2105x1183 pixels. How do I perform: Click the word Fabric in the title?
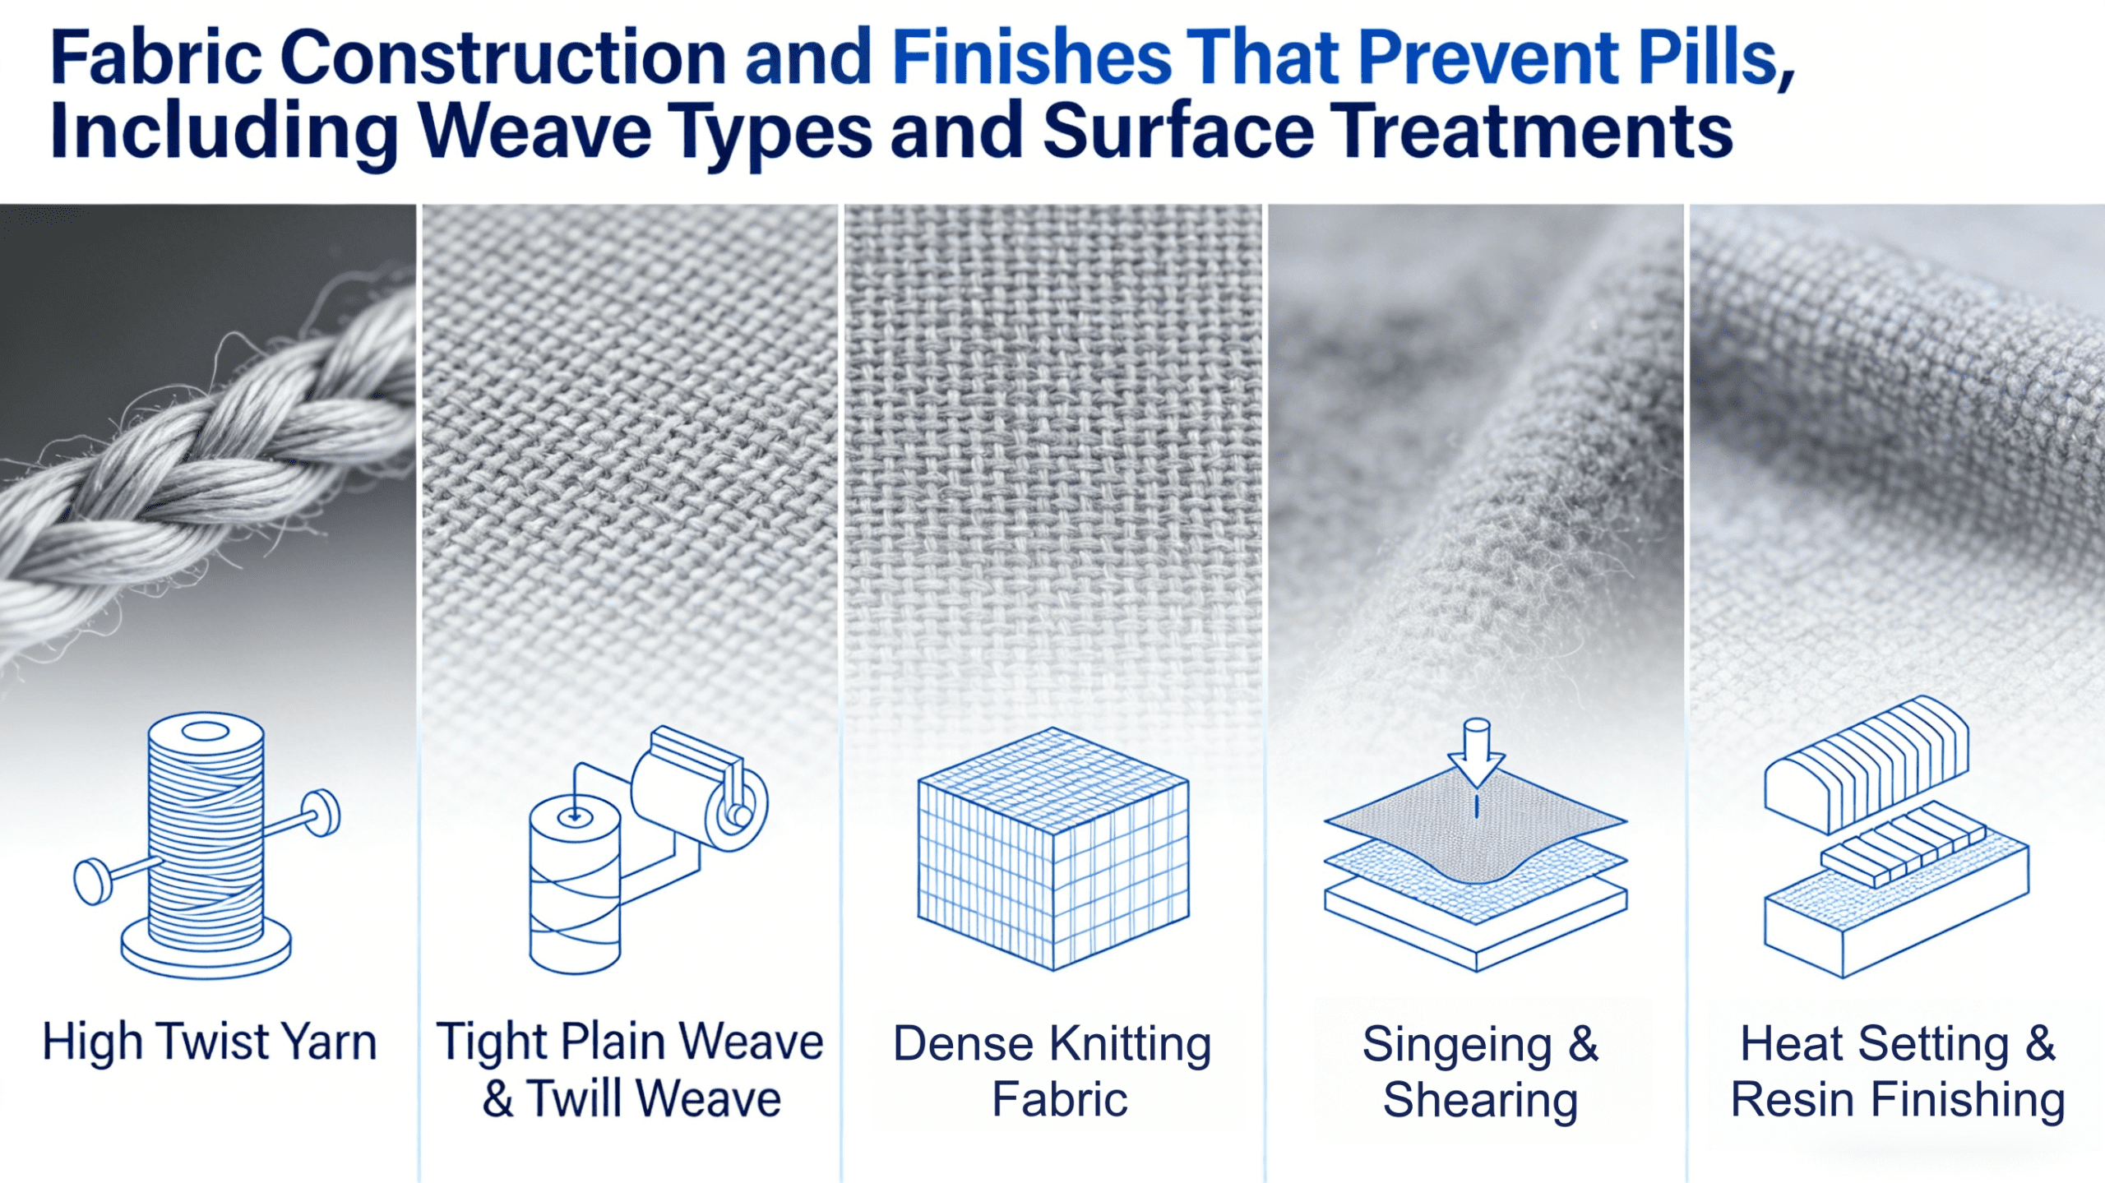[156, 58]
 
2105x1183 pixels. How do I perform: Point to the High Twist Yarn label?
[210, 1042]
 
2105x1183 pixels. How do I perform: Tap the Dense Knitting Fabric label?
[1053, 1070]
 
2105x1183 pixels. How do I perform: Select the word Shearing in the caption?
[1480, 1100]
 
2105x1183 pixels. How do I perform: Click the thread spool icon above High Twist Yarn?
[206, 847]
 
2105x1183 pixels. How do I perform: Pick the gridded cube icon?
[1053, 848]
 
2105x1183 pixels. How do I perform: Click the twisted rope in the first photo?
[206, 460]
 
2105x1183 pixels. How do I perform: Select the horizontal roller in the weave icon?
[699, 789]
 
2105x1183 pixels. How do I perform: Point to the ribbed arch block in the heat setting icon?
[1867, 765]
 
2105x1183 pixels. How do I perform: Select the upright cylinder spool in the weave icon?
[575, 884]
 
